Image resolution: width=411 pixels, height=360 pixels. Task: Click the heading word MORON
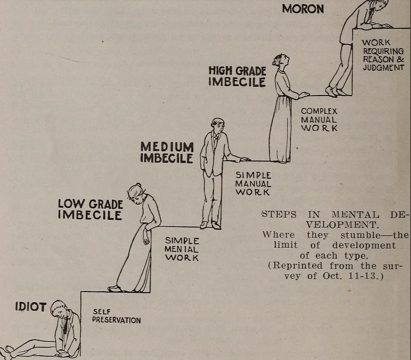tap(303, 9)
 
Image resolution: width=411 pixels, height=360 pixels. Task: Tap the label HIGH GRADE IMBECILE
tap(237, 76)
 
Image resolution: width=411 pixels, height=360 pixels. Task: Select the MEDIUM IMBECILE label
tap(167, 152)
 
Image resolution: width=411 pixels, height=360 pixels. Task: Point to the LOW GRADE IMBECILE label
tap(90, 209)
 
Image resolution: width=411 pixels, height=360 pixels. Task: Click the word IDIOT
tap(31, 306)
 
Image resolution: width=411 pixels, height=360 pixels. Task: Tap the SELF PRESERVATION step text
tap(116, 316)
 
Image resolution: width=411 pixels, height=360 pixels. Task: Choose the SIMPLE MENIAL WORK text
tap(182, 249)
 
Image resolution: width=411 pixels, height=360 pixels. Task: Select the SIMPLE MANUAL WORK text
tap(253, 183)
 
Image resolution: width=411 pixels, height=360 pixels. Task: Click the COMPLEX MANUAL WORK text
tap(319, 119)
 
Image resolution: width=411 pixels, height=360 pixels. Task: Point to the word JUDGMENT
tap(383, 68)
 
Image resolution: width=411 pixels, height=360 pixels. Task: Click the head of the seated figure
tap(59, 310)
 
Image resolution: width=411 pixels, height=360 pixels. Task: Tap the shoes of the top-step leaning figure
tap(335, 91)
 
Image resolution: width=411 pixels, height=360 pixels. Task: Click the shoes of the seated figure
tap(7, 351)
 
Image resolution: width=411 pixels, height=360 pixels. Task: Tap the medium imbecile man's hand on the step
tap(244, 159)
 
